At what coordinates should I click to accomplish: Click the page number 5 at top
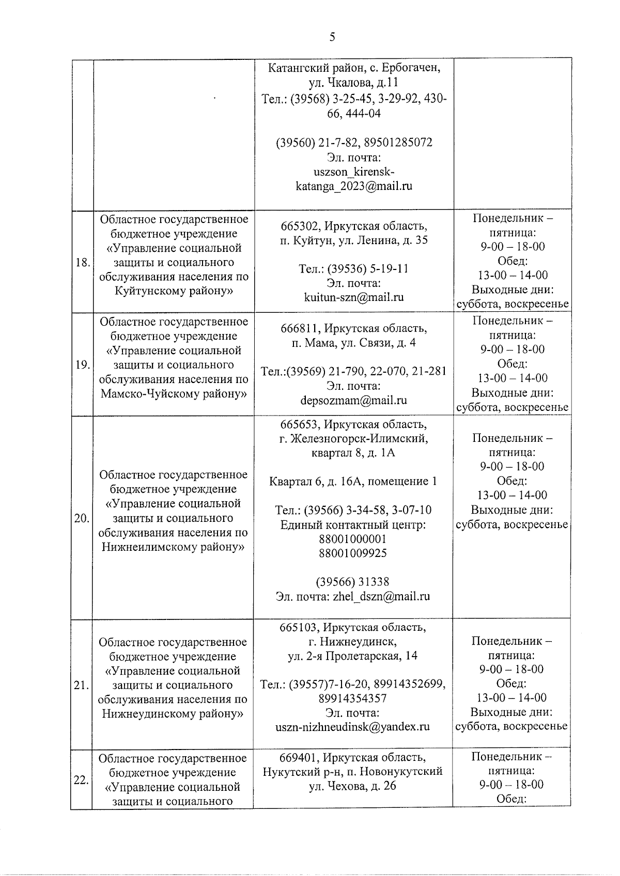tap(332, 37)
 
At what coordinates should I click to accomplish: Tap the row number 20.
tap(82, 518)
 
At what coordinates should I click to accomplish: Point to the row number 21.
tap(82, 686)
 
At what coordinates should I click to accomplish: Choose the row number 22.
tap(81, 780)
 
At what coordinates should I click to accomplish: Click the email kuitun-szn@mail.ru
tap(354, 297)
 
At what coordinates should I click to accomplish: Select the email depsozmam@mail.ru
tap(354, 400)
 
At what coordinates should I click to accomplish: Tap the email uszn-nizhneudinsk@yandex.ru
tap(353, 727)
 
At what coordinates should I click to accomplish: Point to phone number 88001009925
tap(353, 553)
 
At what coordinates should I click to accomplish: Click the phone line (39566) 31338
tap(353, 582)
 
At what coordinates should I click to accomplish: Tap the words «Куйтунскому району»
tap(174, 291)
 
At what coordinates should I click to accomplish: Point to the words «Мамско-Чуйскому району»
tap(174, 394)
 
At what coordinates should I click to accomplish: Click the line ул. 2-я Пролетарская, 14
tap(353, 656)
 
